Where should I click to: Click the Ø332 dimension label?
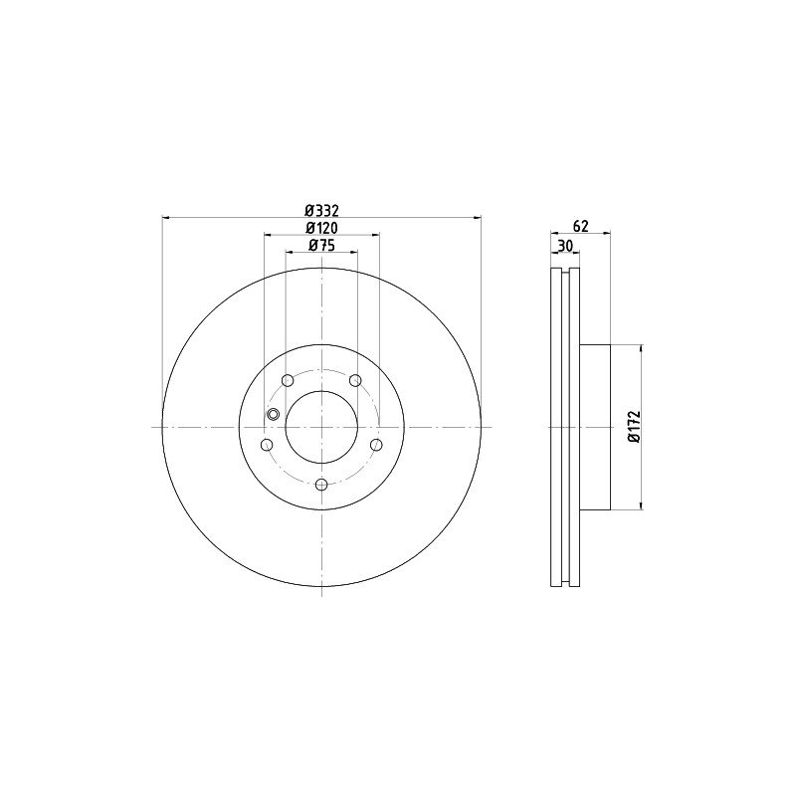[x=321, y=210]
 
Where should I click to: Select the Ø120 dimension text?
[x=321, y=228]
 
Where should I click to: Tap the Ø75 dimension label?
[x=321, y=246]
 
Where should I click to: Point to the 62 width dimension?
[x=580, y=226]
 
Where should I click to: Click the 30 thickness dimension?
[x=565, y=246]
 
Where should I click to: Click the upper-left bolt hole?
[x=288, y=380]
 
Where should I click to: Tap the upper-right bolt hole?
[x=356, y=380]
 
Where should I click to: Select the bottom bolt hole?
[x=321, y=485]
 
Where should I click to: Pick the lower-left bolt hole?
[x=267, y=445]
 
